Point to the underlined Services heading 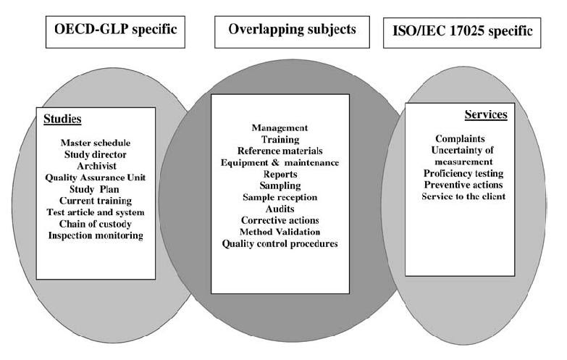click(x=486, y=114)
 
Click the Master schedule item click(x=96, y=142)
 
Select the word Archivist click(x=96, y=164)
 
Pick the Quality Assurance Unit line click(x=96, y=177)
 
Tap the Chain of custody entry click(x=96, y=224)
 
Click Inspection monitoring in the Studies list click(x=96, y=235)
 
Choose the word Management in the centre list click(x=280, y=127)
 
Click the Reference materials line click(x=280, y=151)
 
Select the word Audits click(x=280, y=208)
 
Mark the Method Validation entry click(x=280, y=231)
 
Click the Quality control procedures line click(x=280, y=243)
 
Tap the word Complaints click(x=460, y=138)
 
